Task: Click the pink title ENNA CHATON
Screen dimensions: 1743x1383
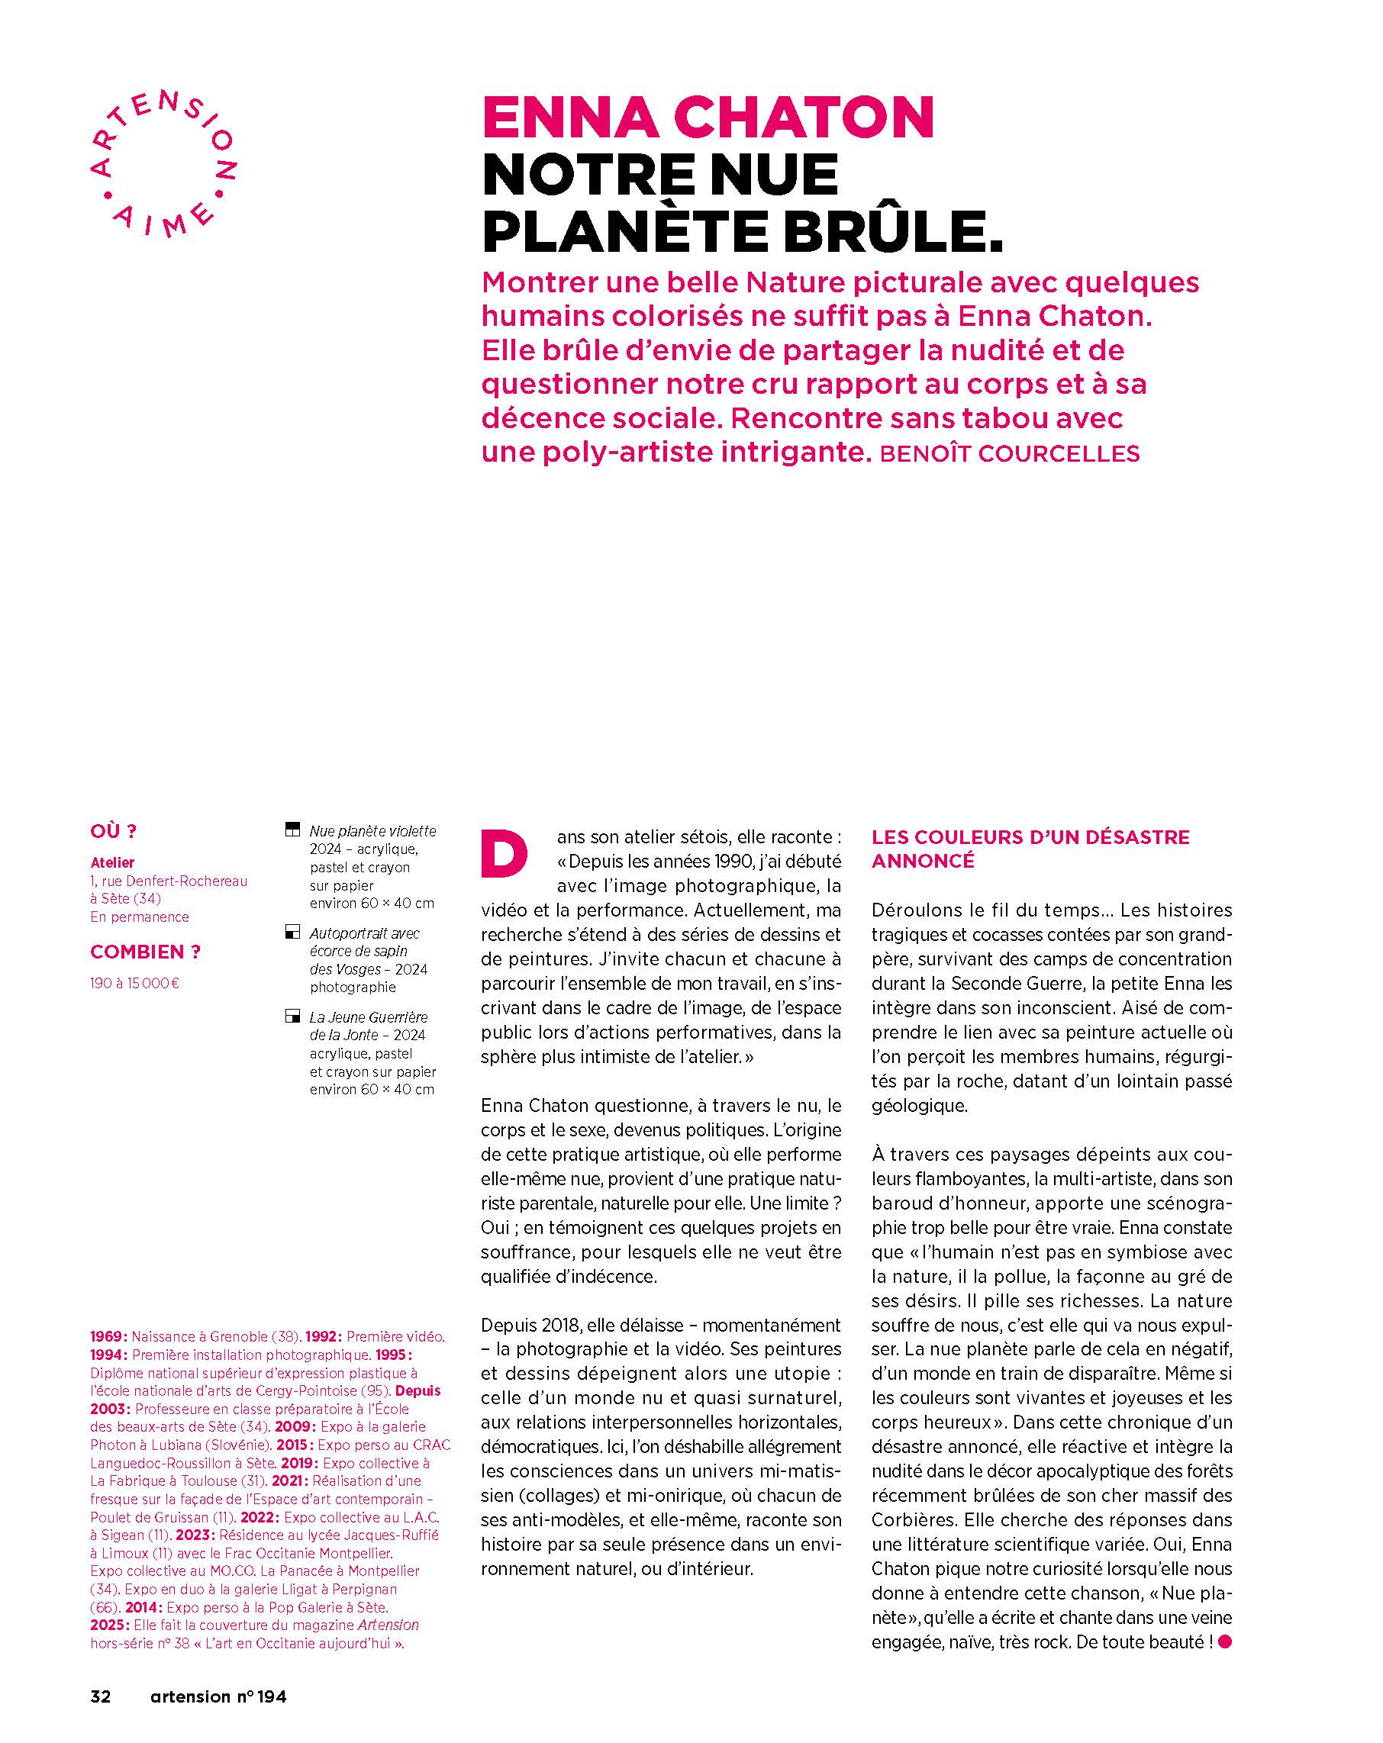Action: pos(708,118)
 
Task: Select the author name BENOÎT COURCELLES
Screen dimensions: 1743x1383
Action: pos(1008,453)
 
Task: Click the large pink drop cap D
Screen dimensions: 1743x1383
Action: pos(505,852)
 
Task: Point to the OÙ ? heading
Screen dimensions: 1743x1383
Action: pos(113,831)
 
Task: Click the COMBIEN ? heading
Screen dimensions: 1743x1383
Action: pos(145,952)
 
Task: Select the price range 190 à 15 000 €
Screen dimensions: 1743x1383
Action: pos(135,983)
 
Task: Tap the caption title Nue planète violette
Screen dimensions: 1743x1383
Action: pos(372,831)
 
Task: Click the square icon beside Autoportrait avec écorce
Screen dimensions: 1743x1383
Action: pos(293,933)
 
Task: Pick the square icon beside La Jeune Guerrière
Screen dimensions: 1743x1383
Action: pos(293,1017)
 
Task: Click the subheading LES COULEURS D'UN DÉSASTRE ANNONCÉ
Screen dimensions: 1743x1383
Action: pos(1030,848)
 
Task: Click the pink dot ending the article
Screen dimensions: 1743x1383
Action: pos(1223,1642)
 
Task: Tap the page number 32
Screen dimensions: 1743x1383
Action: pos(100,1696)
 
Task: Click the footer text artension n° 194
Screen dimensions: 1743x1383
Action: pos(218,1696)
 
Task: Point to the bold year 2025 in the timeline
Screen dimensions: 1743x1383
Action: pos(108,1625)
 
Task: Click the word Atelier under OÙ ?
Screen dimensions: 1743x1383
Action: pos(112,862)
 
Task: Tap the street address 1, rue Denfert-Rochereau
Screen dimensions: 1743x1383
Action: pos(169,881)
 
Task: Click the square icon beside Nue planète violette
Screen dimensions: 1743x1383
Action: pos(293,830)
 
